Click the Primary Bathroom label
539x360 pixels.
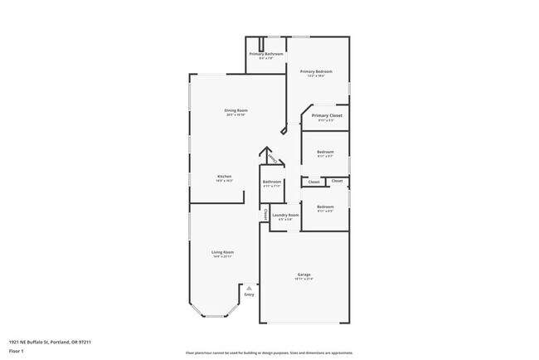(266, 54)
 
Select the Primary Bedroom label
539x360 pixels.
(316, 73)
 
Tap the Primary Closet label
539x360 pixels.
(327, 115)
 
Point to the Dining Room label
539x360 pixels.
(236, 110)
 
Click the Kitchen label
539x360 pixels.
(224, 176)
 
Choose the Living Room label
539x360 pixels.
(222, 251)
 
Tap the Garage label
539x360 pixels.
(304, 274)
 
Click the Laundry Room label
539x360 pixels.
(284, 215)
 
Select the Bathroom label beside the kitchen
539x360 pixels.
(272, 182)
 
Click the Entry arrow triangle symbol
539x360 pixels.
(248, 288)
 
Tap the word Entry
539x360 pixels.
(249, 294)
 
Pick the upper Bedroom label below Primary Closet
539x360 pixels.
(325, 152)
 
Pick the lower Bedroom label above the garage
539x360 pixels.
(325, 207)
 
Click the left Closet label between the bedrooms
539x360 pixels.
(314, 182)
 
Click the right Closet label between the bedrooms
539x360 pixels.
(337, 180)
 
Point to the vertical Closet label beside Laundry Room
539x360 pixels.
(265, 215)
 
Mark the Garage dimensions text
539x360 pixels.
(304, 280)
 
